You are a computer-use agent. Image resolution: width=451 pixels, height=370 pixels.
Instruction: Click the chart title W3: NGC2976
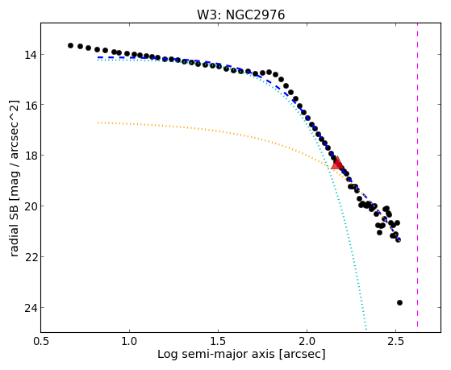point(240,15)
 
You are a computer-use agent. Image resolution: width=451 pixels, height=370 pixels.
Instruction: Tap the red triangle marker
point(337,164)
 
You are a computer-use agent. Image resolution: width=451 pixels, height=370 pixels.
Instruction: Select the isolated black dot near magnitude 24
point(399,302)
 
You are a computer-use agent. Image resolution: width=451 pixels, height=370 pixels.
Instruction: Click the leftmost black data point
point(70,45)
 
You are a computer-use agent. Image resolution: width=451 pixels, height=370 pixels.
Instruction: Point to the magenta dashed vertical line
point(417,175)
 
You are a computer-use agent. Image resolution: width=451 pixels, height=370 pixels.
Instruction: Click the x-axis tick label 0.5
point(40,342)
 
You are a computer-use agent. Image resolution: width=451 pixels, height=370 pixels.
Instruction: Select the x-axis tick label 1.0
point(129,342)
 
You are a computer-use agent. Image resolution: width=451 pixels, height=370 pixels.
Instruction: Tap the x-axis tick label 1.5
point(218,342)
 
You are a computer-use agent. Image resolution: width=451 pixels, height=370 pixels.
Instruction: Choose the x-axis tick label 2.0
point(307,342)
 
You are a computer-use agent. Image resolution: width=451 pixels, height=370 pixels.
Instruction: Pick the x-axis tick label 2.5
point(396,342)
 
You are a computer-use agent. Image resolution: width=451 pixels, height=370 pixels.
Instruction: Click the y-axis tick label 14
point(30,54)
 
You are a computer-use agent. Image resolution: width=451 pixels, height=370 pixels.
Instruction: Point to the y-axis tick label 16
point(30,105)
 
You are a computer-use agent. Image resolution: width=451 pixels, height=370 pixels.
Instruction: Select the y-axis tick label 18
point(30,156)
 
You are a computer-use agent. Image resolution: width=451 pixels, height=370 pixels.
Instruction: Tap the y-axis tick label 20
point(30,206)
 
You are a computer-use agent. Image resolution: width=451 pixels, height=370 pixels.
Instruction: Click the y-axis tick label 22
point(30,256)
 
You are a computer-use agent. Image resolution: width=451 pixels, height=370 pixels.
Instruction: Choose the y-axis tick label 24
point(30,307)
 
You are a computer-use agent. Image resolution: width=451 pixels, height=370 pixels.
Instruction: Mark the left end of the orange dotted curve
point(98,123)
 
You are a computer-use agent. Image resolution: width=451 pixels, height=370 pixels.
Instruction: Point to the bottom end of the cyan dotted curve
point(365,330)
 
